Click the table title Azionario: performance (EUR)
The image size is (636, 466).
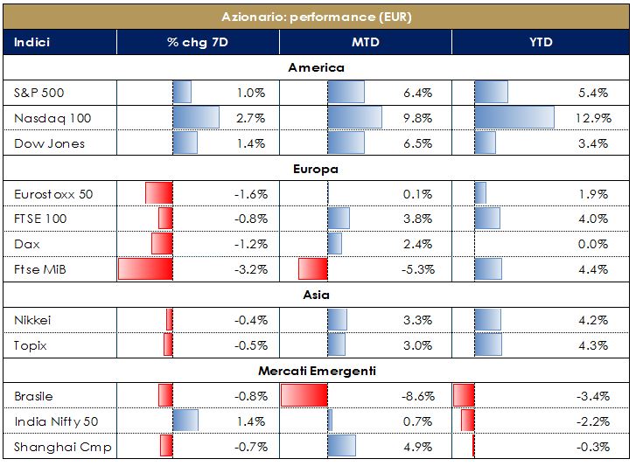(317, 17)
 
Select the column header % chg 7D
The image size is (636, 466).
(197, 42)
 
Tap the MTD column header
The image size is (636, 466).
(366, 42)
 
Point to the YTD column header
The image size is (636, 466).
(541, 42)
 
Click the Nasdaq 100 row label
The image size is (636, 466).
(52, 117)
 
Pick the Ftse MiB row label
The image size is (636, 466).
(43, 268)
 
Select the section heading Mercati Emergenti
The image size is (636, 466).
(317, 371)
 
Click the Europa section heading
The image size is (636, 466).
(317, 169)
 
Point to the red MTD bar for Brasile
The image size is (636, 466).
(304, 396)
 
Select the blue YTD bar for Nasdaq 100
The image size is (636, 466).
(514, 117)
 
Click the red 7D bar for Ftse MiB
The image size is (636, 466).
(145, 268)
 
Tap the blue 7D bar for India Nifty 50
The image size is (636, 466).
(185, 421)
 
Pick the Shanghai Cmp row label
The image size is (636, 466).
(62, 448)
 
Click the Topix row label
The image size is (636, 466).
(31, 345)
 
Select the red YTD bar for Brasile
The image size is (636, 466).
(464, 396)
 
